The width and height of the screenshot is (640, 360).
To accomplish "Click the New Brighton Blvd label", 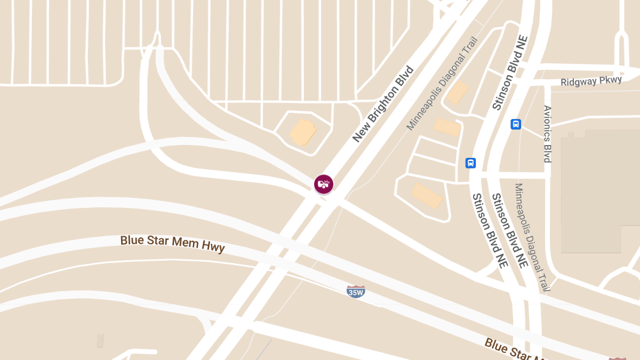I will (383, 104).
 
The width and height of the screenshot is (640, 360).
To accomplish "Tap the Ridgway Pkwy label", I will (591, 82).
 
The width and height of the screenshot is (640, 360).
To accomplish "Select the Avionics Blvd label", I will (547, 134).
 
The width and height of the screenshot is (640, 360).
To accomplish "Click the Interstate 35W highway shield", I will (356, 291).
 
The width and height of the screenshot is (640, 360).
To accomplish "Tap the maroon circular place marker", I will (323, 184).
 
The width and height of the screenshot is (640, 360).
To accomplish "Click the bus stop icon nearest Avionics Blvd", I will (516, 124).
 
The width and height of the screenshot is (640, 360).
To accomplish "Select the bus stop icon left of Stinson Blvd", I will (470, 163).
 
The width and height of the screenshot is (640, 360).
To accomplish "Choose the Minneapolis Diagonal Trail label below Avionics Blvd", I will (531, 237).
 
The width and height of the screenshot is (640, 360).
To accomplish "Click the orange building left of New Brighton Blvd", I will (303, 132).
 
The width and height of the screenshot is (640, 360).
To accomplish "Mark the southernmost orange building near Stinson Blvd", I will (427, 196).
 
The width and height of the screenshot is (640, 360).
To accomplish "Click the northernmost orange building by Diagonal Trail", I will (457, 92).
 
